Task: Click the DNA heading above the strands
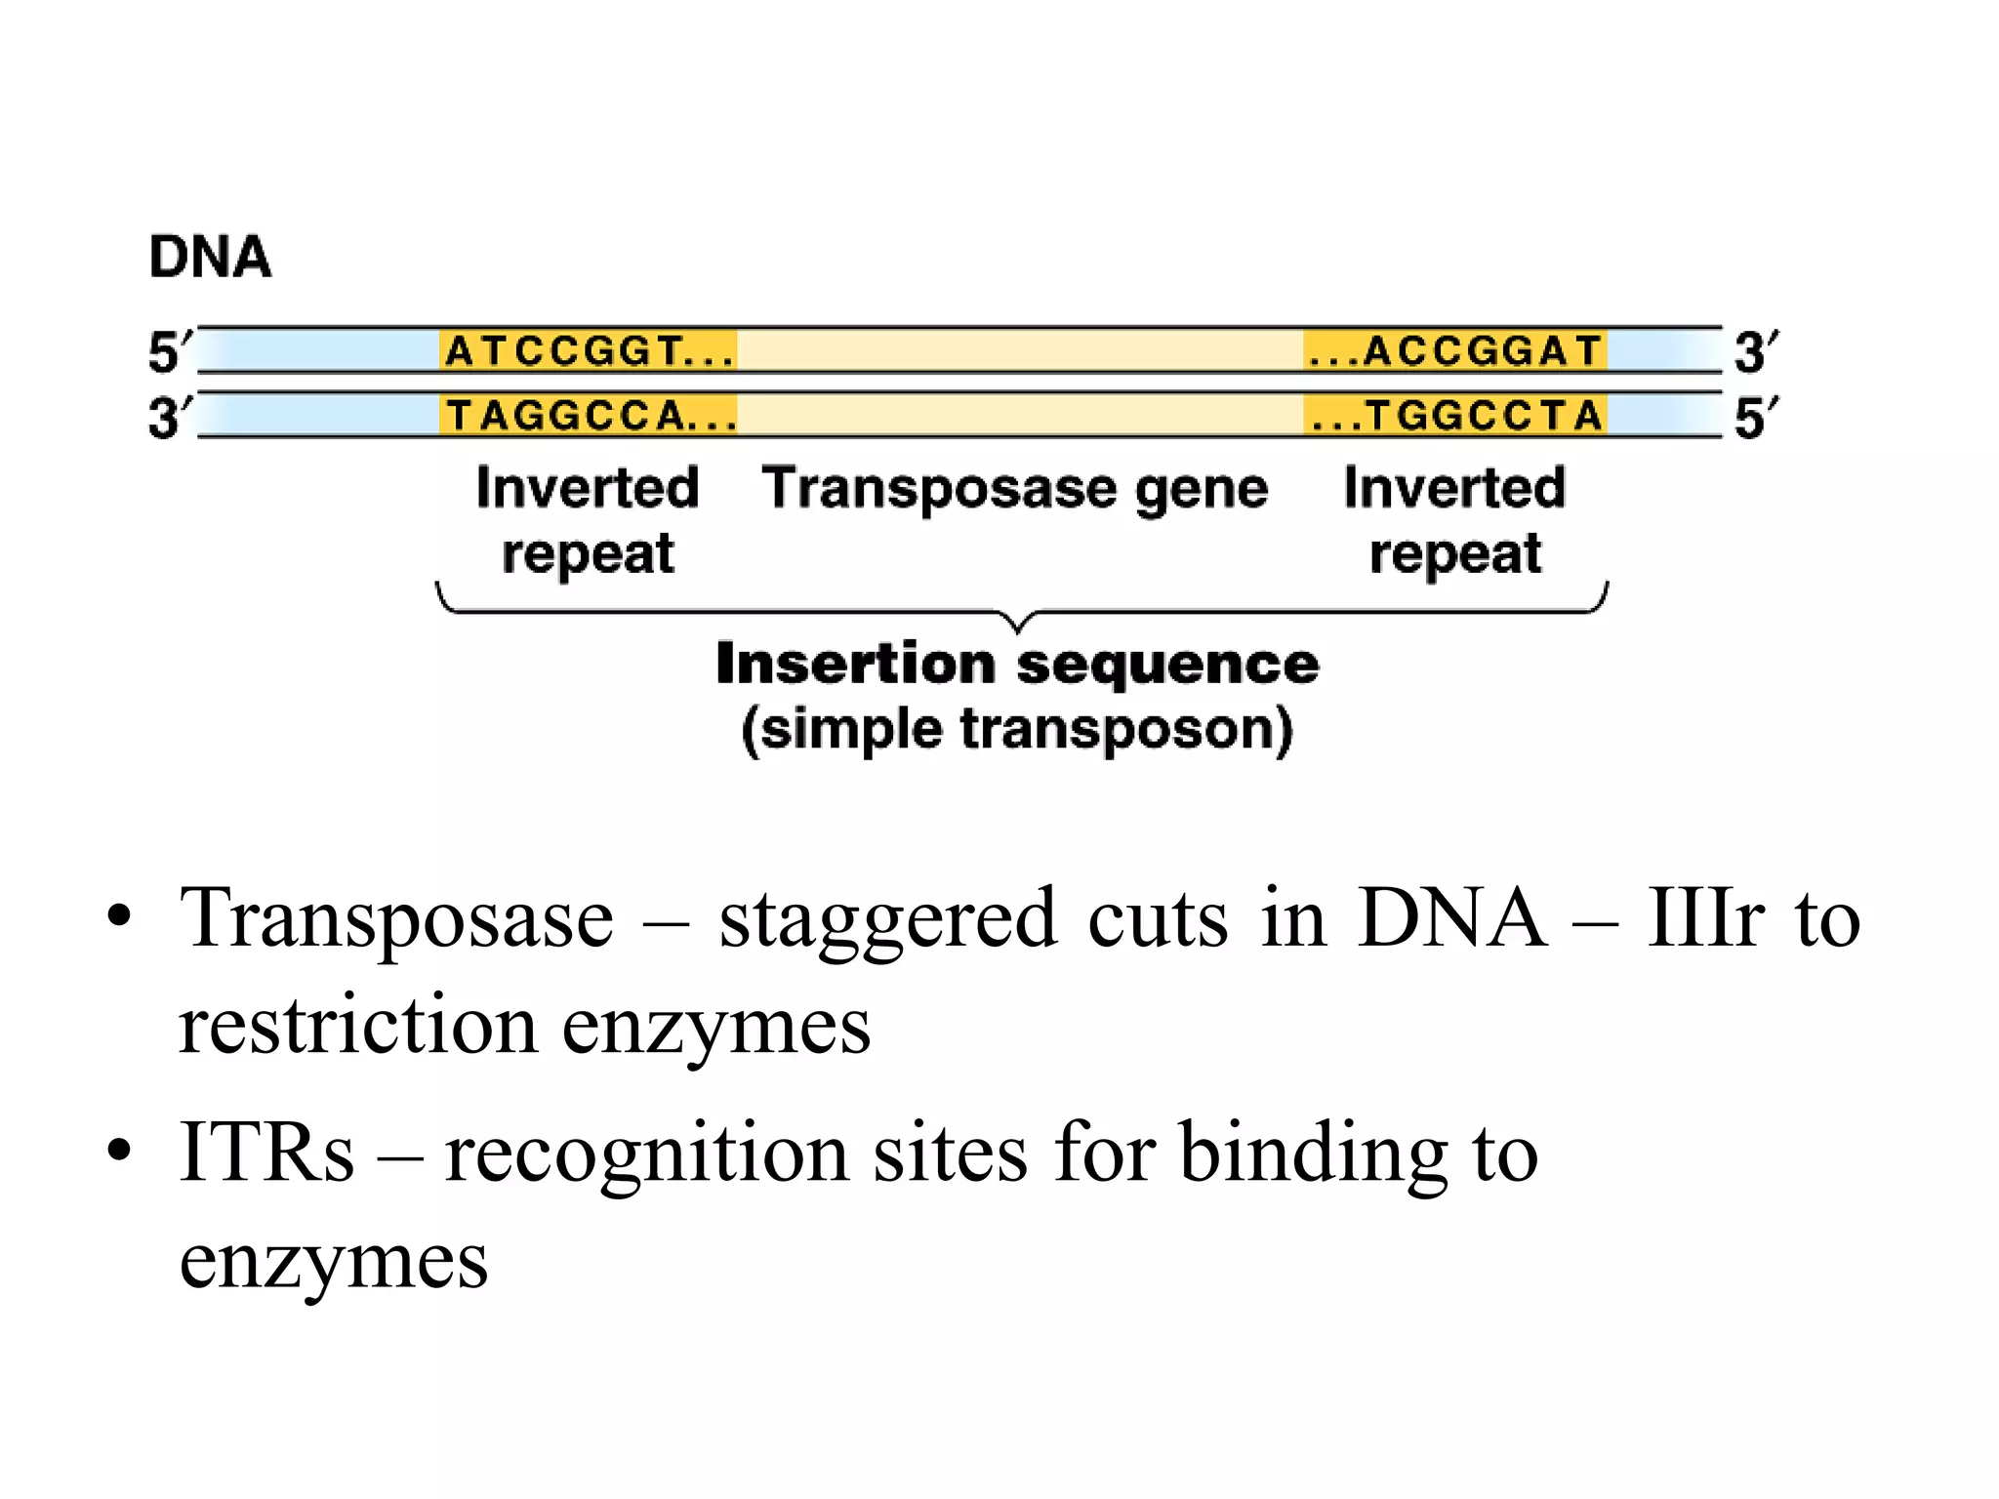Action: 210,258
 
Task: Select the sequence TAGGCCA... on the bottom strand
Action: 589,416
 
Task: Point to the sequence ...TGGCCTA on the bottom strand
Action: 1455,416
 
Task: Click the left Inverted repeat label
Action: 588,519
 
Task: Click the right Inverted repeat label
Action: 1454,519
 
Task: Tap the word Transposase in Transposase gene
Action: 938,488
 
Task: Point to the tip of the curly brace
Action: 1018,628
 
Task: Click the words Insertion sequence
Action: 1017,665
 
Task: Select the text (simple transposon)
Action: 1017,730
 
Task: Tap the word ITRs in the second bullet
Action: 266,1153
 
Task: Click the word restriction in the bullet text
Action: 357,1026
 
